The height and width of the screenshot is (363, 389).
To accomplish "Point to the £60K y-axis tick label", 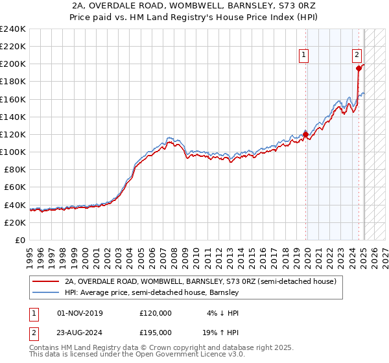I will pyautogui.click(x=14, y=187).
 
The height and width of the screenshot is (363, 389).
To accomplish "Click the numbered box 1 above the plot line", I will pyautogui.click(x=303, y=55).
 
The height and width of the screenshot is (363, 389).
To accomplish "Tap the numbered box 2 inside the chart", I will pyautogui.click(x=357, y=55).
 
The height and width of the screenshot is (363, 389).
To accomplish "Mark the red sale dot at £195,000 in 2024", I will pyautogui.click(x=359, y=68).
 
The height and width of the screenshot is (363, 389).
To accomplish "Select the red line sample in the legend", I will pyautogui.click(x=46, y=282).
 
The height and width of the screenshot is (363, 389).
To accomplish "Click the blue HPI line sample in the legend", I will pyautogui.click(x=46, y=293).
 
